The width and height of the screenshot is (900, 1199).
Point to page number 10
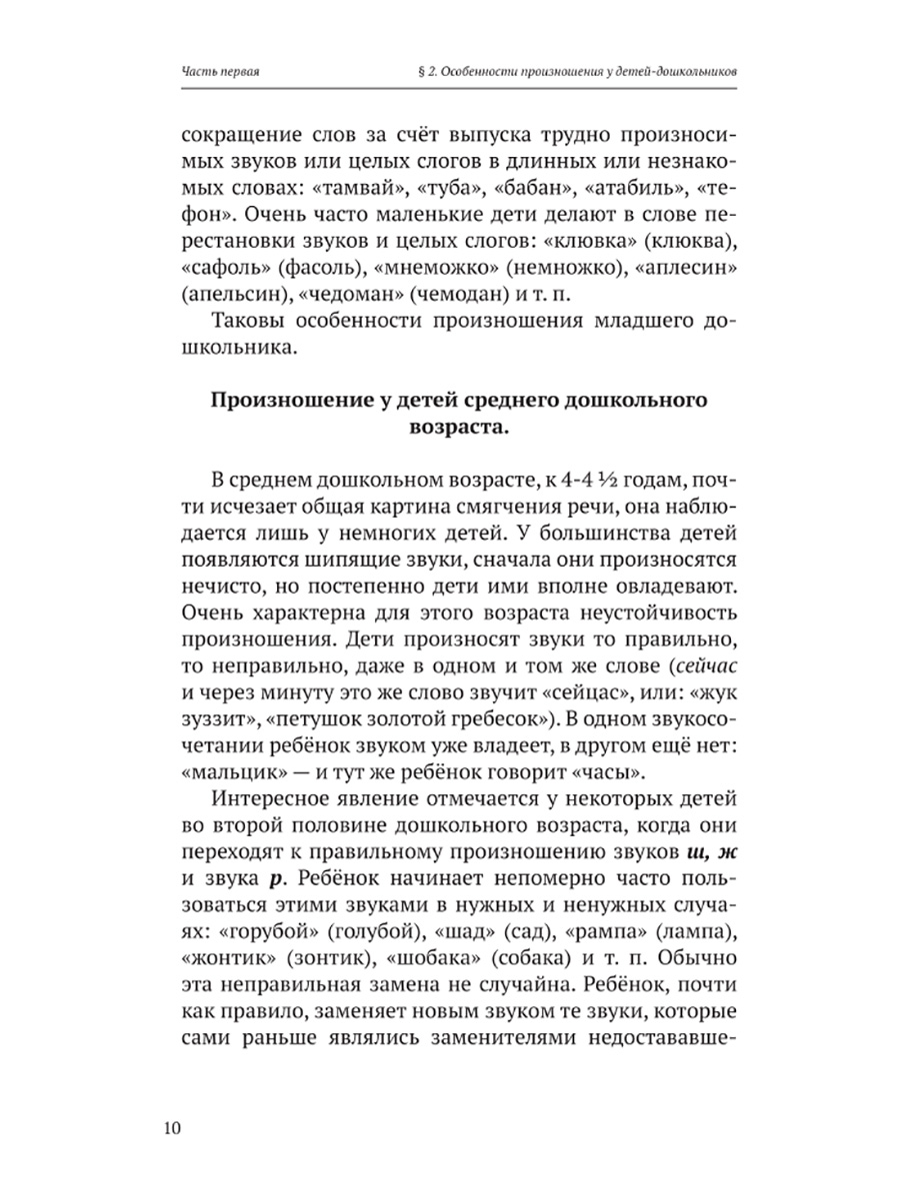tap(170, 1128)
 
